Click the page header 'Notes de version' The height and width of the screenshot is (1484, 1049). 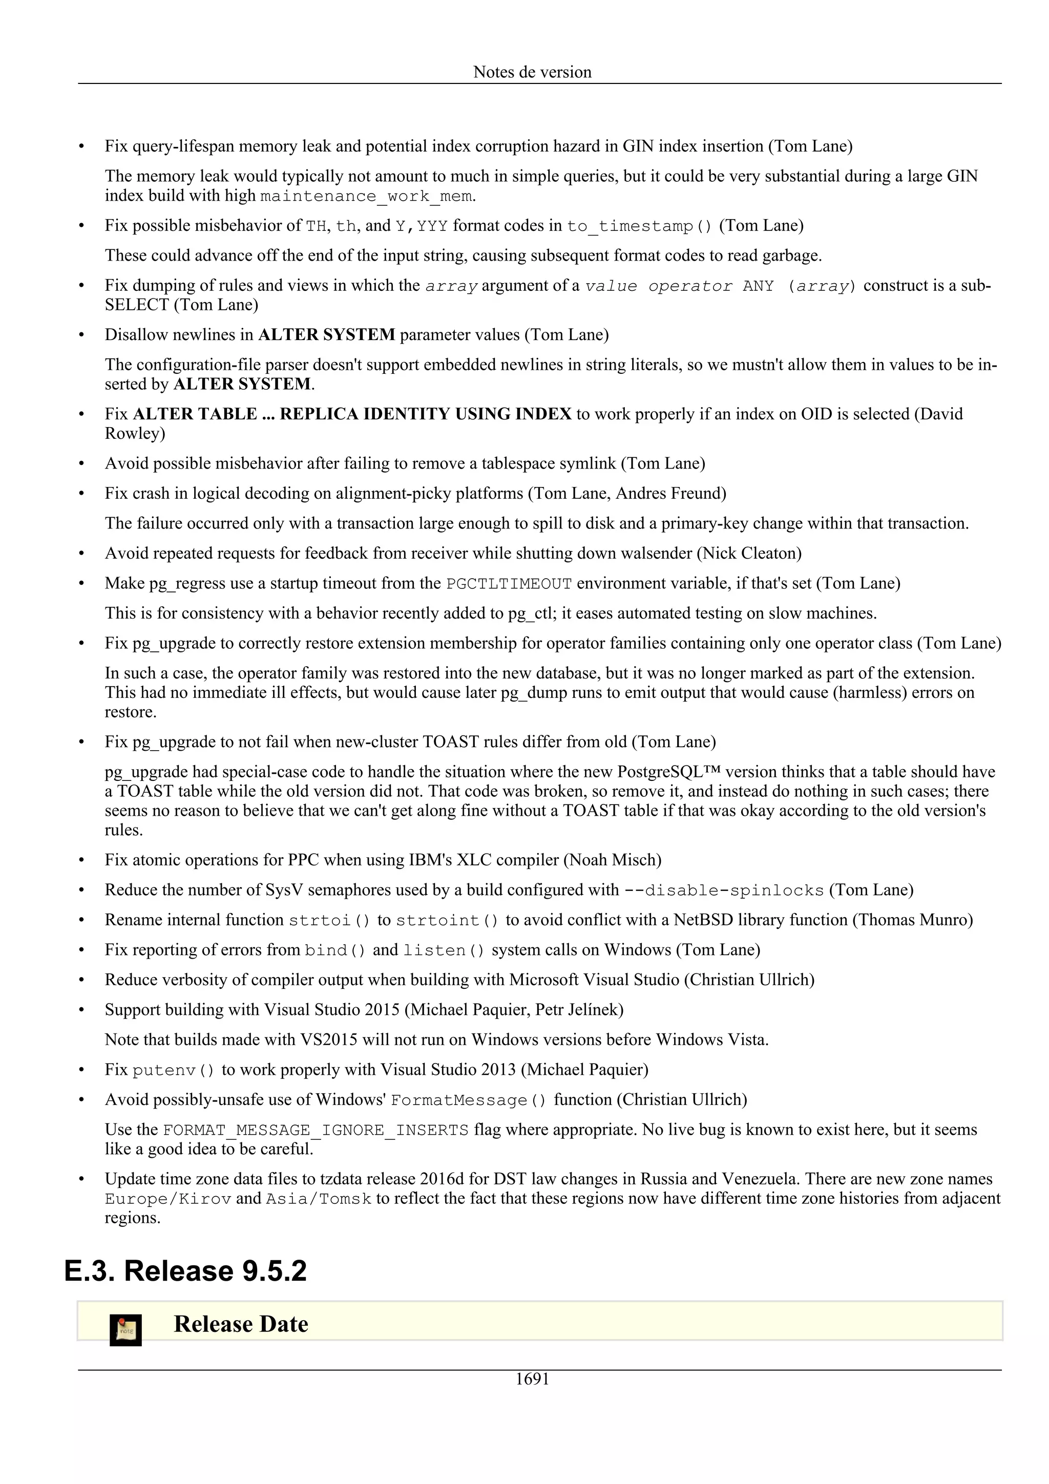[532, 72]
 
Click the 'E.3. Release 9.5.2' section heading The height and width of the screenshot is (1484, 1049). [185, 1270]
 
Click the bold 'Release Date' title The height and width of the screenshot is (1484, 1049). [240, 1324]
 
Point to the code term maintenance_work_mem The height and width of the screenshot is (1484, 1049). [366, 196]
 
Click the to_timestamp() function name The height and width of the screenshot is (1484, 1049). [639, 226]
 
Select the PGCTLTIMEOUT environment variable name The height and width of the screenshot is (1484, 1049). [509, 584]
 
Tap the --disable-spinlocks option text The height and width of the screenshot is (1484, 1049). [723, 891]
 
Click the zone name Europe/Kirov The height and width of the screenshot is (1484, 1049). [168, 1199]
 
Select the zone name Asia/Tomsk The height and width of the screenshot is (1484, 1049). [319, 1199]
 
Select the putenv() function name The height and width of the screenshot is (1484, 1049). [173, 1070]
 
